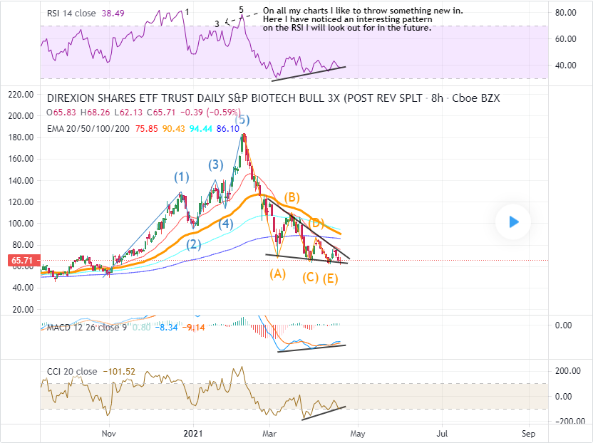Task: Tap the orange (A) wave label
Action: point(277,273)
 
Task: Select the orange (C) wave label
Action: point(310,277)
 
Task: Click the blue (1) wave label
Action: point(182,177)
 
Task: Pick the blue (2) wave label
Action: point(193,244)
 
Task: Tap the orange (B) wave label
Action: point(291,197)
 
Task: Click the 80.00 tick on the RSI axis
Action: point(566,13)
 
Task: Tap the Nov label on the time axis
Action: point(108,433)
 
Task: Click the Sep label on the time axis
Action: point(528,433)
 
